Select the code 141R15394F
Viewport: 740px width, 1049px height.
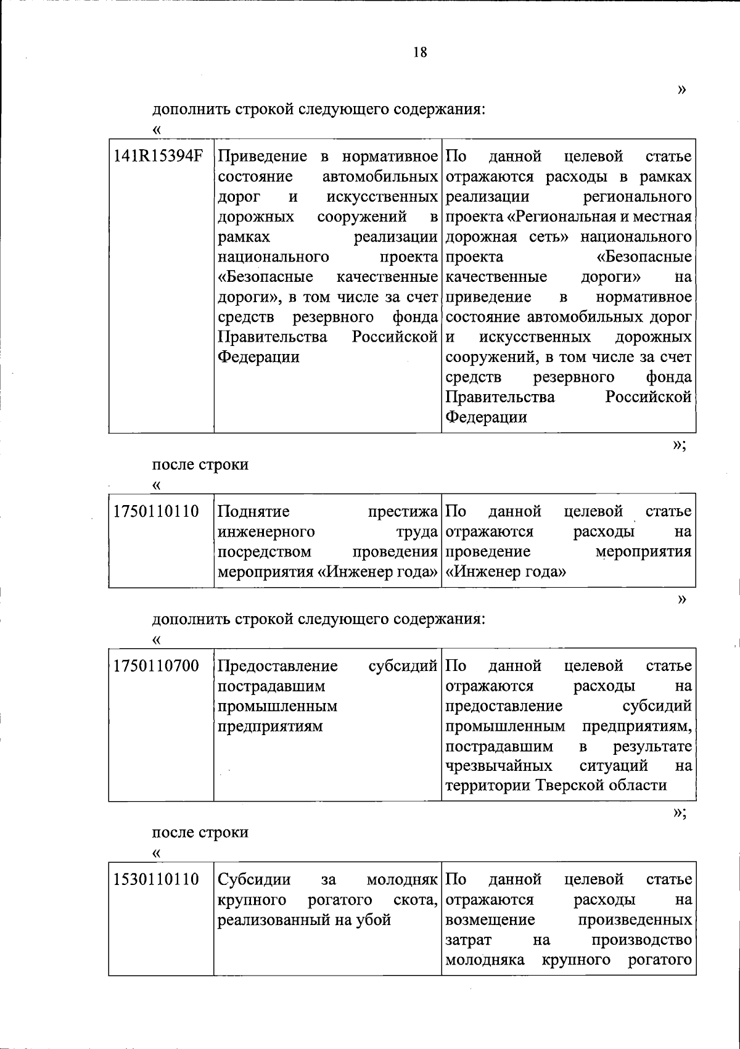tap(158, 157)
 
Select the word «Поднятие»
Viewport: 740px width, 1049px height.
tap(254, 511)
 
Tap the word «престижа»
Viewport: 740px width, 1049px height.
tap(403, 511)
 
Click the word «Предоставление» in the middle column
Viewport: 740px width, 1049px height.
tap(278, 666)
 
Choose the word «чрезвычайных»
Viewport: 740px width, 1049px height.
tap(499, 766)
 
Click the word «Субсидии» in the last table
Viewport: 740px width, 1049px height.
tap(255, 879)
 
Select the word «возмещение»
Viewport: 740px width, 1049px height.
tap(490, 919)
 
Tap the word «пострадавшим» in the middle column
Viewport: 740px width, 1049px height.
tap(271, 686)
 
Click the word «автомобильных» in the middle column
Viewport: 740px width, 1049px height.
tap(380, 177)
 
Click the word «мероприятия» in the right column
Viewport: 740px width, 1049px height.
tap(643, 551)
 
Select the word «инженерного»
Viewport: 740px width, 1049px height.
tap(266, 532)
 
